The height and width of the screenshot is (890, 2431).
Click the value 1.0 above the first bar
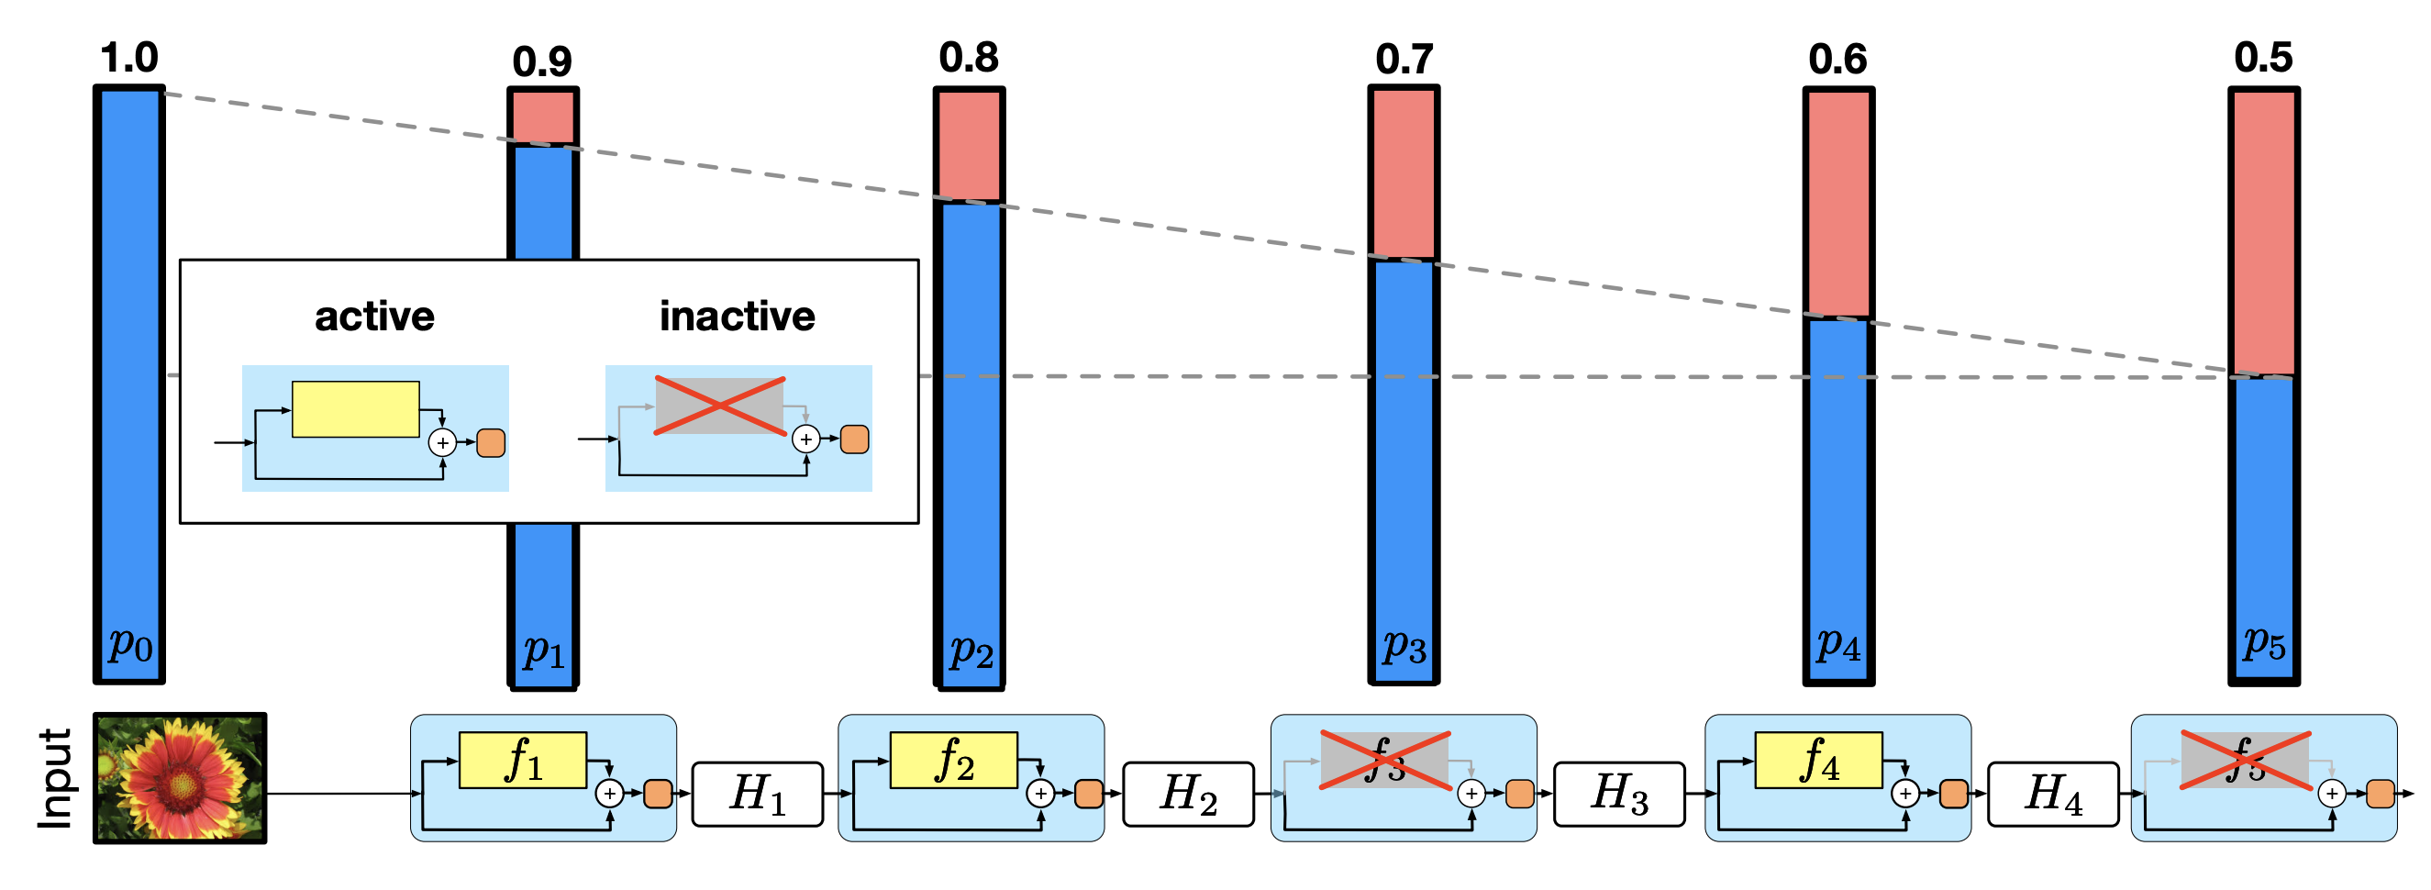click(129, 59)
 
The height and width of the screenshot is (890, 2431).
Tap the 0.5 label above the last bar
click(2263, 59)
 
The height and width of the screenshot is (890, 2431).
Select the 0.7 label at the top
click(1404, 61)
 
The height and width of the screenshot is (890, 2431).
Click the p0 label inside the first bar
click(130, 646)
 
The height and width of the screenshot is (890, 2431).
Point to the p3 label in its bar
click(1404, 647)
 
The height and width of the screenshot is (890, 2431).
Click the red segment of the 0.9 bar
click(543, 117)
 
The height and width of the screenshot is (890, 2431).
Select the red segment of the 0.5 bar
click(2263, 232)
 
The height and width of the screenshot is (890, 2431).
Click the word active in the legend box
click(374, 317)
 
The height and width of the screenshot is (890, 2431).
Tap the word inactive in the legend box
click(737, 317)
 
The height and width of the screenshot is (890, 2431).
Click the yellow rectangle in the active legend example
click(356, 408)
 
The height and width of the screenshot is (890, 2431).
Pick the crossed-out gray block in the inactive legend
click(719, 406)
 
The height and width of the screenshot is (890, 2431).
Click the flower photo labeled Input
click(180, 778)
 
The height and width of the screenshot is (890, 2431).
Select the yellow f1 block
click(523, 760)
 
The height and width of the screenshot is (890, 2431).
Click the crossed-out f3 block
click(1384, 760)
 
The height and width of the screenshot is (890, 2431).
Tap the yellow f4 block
click(1818, 760)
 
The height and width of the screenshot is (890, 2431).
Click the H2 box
click(1188, 794)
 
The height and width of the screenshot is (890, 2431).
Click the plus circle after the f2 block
click(1041, 794)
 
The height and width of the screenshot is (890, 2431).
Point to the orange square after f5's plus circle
click(2380, 794)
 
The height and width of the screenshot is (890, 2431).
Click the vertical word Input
click(56, 779)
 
